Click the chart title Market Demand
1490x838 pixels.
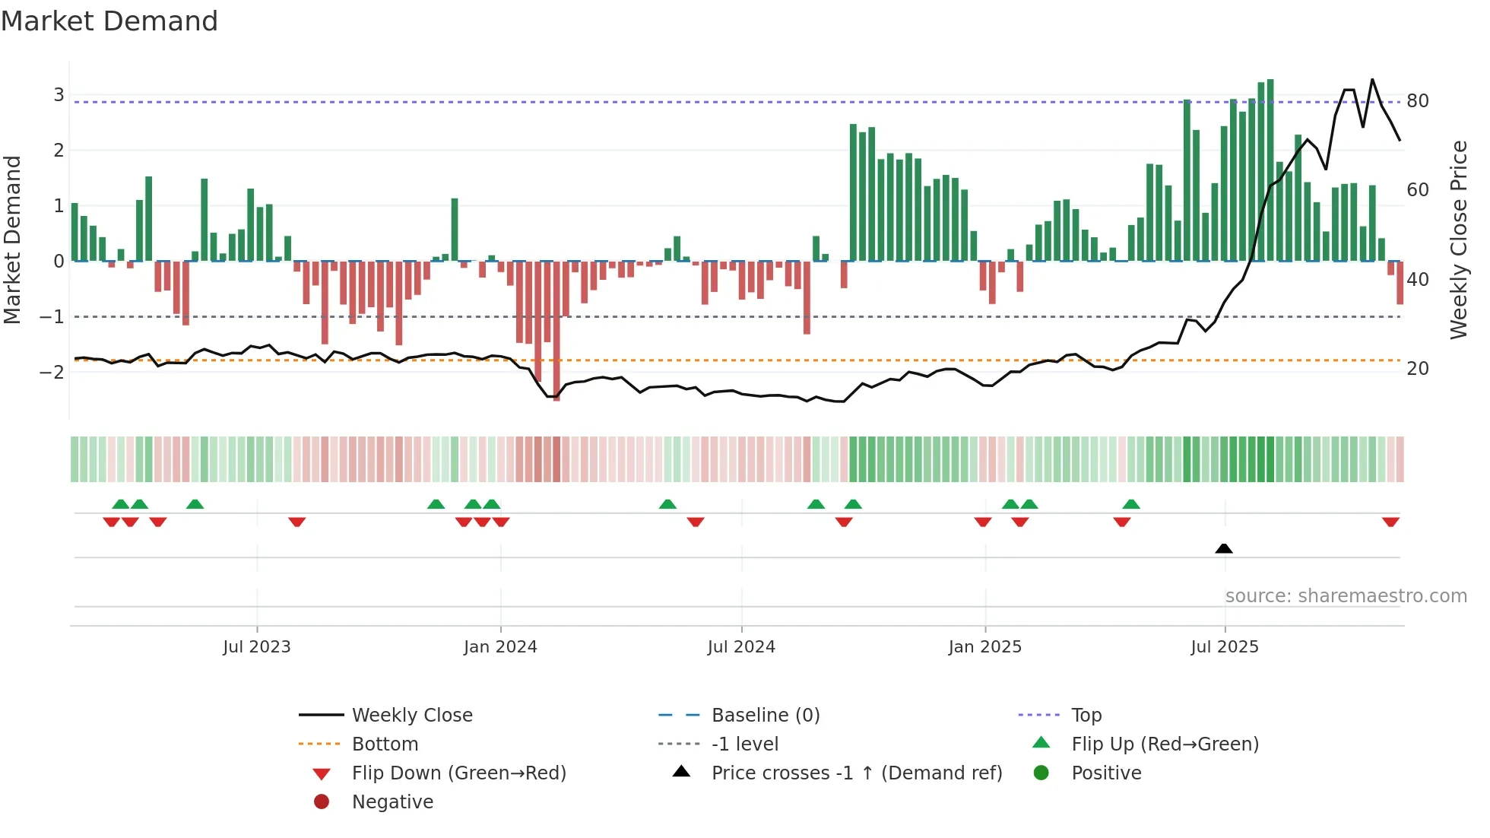(109, 21)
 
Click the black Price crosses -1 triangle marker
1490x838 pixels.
(1224, 548)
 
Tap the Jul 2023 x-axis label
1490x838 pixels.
(257, 647)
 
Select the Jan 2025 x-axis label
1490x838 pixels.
(985, 647)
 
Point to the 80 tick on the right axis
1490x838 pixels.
(1418, 101)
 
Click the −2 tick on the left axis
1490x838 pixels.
(52, 372)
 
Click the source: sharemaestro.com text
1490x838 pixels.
(1346, 596)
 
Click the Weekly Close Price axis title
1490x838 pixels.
(1458, 240)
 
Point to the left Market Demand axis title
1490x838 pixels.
(13, 240)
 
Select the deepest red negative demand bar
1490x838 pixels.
(556, 331)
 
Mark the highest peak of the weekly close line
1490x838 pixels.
(1372, 80)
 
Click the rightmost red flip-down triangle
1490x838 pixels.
(1390, 522)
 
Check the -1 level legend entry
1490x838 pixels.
(744, 744)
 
